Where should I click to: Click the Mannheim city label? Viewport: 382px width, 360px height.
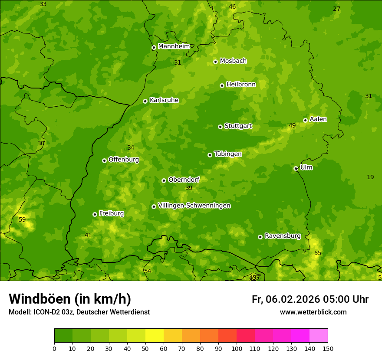coord(174,46)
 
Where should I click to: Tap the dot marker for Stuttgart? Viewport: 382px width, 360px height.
coord(220,127)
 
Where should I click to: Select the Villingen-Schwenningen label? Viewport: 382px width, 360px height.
coord(194,206)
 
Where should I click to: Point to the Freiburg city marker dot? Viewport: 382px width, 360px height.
coord(95,214)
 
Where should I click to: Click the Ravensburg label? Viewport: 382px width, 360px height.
coord(282,236)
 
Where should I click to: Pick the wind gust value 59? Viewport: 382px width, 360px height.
coord(22,220)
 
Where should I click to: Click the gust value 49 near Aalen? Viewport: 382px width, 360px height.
coord(292,126)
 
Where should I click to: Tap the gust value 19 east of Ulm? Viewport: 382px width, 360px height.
coord(370,177)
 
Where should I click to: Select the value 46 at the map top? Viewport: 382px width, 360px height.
coord(232,7)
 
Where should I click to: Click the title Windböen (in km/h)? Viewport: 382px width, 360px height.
coord(70,299)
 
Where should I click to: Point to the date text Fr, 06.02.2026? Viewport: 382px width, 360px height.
coord(286,299)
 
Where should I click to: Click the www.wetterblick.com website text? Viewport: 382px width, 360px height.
coord(313,312)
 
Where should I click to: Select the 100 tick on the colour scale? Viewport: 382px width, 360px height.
coord(237,348)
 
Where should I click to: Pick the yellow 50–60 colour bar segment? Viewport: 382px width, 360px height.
coord(155,336)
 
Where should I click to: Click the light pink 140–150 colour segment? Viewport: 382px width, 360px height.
coord(319,336)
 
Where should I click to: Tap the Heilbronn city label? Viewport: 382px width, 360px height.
coord(241,85)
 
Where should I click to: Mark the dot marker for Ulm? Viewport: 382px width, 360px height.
coord(296,168)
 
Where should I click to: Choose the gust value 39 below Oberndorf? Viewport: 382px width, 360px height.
coord(189,188)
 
